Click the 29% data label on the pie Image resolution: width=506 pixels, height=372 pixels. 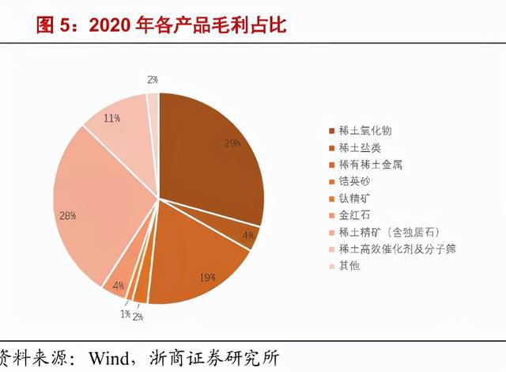pyautogui.click(x=232, y=142)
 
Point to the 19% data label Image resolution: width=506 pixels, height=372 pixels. pyautogui.click(x=209, y=277)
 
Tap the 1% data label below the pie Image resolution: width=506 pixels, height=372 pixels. pyautogui.click(x=125, y=314)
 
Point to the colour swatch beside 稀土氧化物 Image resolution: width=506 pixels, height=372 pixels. pyautogui.click(x=332, y=130)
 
